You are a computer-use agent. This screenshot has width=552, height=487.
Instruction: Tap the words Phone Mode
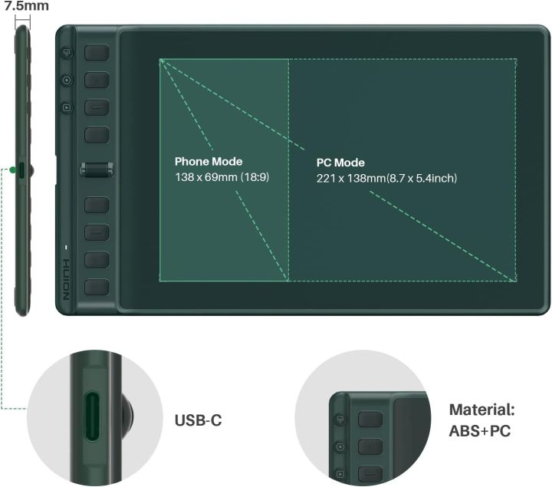pyautogui.click(x=209, y=162)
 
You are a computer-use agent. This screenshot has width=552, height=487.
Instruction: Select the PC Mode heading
pyautogui.click(x=340, y=163)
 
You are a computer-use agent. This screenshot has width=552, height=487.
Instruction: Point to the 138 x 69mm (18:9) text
pyautogui.click(x=222, y=178)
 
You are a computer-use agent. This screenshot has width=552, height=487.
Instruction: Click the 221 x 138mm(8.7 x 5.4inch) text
pyautogui.click(x=386, y=178)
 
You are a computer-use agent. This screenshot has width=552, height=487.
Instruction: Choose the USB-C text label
pyautogui.click(x=199, y=420)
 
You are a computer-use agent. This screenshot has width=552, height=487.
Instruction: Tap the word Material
pyautogui.click(x=481, y=410)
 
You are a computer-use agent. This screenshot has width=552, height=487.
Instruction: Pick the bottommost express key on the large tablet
pyautogui.click(x=97, y=286)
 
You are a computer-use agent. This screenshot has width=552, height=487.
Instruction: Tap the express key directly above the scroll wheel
pyautogui.click(x=97, y=136)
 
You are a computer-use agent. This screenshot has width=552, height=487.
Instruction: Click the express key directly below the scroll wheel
pyautogui.click(x=97, y=205)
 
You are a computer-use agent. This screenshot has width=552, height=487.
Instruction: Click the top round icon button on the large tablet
pyautogui.click(x=67, y=54)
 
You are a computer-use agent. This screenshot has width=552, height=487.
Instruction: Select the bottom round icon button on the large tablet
pyautogui.click(x=67, y=107)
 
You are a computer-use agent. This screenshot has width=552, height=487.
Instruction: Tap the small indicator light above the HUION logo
pyautogui.click(x=67, y=247)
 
